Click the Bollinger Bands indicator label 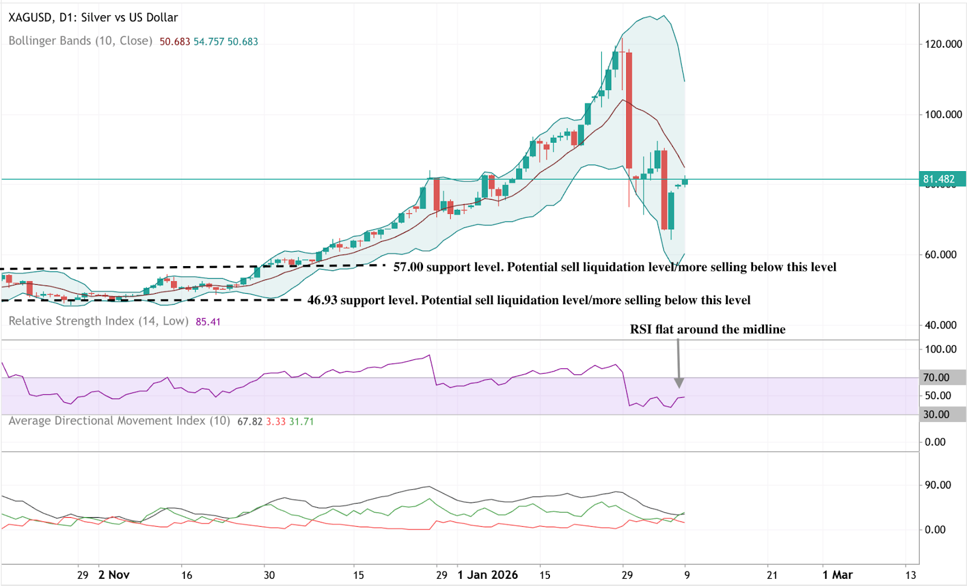(80, 41)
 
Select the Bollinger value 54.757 (209, 42)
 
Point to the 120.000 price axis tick (943, 44)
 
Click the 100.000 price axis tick (943, 114)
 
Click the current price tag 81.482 (939, 179)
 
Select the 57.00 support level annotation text (615, 267)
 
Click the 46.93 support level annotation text (529, 300)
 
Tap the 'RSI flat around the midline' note (708, 330)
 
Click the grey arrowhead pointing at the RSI (679, 383)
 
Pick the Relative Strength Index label (99, 321)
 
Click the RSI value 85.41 (208, 322)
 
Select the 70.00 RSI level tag (936, 377)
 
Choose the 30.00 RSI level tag (936, 414)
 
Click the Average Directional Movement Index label (119, 421)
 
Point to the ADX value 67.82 (250, 422)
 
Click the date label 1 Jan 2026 (487, 575)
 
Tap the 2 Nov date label (114, 575)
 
